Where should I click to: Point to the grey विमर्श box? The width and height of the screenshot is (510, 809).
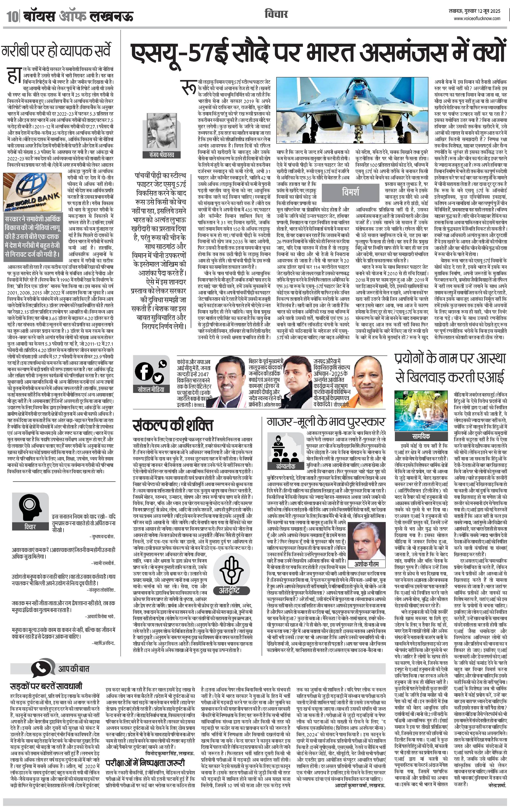click(x=351, y=192)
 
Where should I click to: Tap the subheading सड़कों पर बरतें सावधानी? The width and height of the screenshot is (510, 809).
click(x=46, y=686)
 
